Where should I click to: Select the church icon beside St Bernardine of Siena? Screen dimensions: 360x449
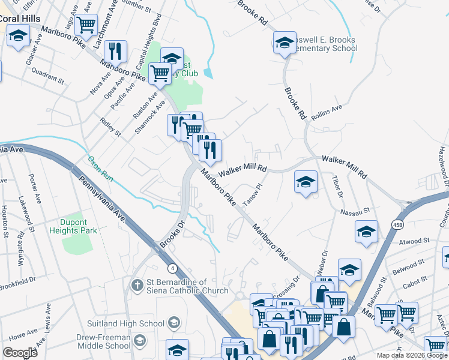pos(137,284)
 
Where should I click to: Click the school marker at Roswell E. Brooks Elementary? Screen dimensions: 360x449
pos(285,42)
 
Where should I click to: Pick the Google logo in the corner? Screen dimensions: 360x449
pos(20,352)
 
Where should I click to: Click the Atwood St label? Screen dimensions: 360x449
pos(415,241)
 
